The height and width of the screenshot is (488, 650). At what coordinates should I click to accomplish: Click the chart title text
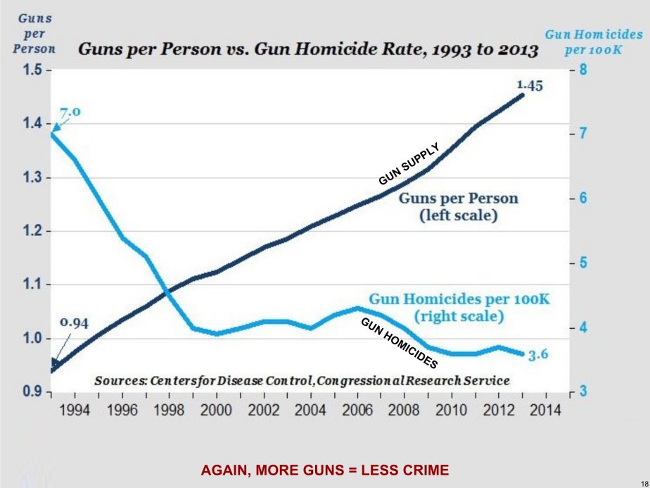coord(307,51)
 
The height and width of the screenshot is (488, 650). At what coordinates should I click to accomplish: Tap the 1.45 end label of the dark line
coord(529,85)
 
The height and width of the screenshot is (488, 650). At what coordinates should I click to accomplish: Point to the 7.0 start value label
coord(72,113)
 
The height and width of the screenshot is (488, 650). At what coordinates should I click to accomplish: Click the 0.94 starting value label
coord(73,323)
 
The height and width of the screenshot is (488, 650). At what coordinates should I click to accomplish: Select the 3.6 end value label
coord(538,355)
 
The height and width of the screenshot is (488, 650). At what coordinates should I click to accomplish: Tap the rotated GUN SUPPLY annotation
coord(409,163)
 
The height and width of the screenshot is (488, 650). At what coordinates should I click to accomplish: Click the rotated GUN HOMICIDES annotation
coord(399,343)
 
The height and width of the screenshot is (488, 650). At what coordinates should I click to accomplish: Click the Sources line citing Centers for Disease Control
coord(301,380)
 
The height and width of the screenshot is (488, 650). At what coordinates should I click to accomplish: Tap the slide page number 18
coord(642,482)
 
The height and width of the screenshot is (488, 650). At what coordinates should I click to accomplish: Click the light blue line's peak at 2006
coord(357,308)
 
